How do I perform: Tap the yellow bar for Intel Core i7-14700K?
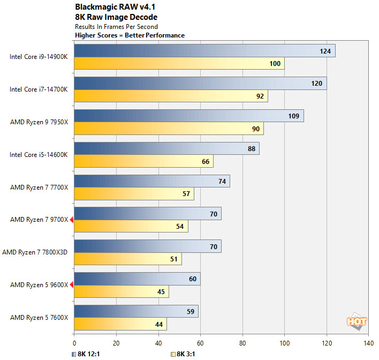[x=171, y=96]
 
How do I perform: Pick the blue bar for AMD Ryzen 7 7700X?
[x=152, y=181]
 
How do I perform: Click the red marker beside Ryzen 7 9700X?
[x=71, y=219]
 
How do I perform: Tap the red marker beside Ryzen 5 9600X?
[x=71, y=284]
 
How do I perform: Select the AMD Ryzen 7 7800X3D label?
[x=35, y=252]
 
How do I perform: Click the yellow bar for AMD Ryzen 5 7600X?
[x=120, y=325]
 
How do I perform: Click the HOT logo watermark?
[x=357, y=321]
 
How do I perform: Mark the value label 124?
[x=324, y=51]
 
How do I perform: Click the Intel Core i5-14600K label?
[x=39, y=155]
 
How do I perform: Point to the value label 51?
[x=173, y=260]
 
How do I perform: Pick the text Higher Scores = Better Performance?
[x=130, y=35]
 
